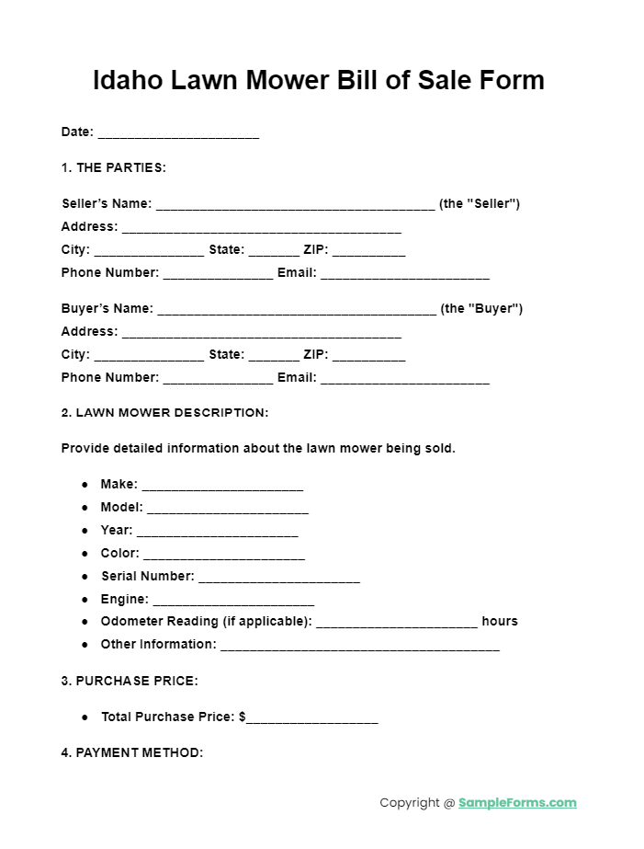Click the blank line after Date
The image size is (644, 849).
click(x=178, y=133)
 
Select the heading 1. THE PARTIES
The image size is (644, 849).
click(x=113, y=167)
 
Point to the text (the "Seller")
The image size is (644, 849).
click(x=480, y=203)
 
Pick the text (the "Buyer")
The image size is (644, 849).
click(x=481, y=308)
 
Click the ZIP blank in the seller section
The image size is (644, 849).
click(x=368, y=251)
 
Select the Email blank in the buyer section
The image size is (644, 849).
click(x=404, y=379)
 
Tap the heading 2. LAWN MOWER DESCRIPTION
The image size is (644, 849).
click(x=164, y=413)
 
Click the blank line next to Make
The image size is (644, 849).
click(x=222, y=487)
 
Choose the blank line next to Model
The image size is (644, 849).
click(x=228, y=510)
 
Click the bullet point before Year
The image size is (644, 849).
click(x=85, y=531)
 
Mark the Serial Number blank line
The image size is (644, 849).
click(x=279, y=579)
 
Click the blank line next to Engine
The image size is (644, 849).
click(x=233, y=602)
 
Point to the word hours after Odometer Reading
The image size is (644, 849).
click(x=500, y=621)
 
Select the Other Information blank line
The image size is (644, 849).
click(x=360, y=647)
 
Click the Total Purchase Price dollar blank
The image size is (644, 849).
click(x=312, y=719)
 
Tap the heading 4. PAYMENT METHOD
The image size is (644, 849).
click(x=131, y=752)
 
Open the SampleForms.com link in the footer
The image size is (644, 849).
click(x=517, y=803)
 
